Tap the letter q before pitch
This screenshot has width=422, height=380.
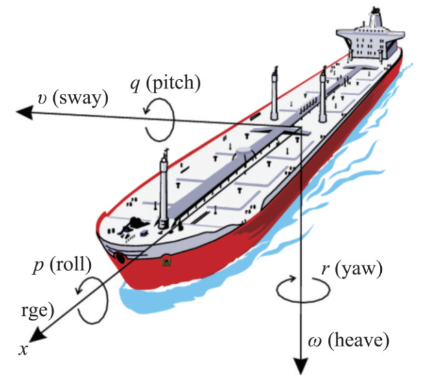pos(135,84)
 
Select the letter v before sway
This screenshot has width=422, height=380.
pos(42,98)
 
